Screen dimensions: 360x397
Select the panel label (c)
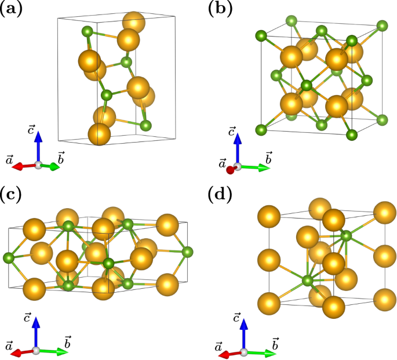(x=11, y=195)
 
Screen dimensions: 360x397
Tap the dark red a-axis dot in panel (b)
(x=231, y=170)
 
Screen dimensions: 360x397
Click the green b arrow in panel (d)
(x=261, y=352)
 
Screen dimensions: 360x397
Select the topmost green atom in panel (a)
(x=87, y=31)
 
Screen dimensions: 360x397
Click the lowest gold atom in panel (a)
(x=99, y=134)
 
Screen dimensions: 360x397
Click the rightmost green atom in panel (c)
(x=187, y=252)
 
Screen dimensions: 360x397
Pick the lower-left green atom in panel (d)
(x=308, y=281)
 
